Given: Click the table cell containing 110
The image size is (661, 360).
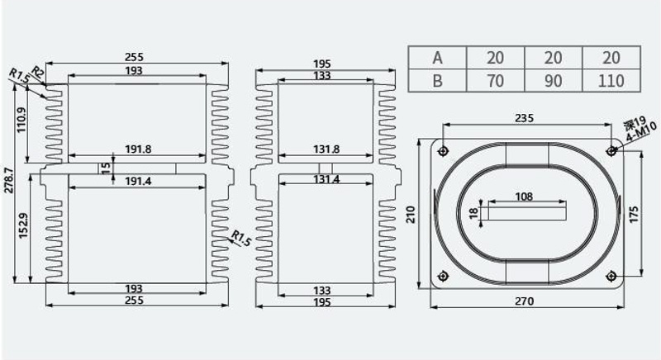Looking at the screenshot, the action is (x=611, y=80).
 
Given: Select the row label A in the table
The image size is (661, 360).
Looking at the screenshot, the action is (x=438, y=58).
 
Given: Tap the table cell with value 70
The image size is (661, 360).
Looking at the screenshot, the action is (x=495, y=80).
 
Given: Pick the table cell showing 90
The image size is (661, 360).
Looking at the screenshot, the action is (x=553, y=80).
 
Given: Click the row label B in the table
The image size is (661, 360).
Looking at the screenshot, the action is (x=438, y=80).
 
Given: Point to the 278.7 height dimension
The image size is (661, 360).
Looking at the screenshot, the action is (x=9, y=180).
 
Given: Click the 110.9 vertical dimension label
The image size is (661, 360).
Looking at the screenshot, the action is (x=21, y=121).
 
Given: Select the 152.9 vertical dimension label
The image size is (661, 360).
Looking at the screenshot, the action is (x=23, y=225).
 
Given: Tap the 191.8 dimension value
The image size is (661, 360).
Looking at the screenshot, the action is (x=138, y=149).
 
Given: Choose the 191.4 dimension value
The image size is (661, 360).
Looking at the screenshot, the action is (x=138, y=181).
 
